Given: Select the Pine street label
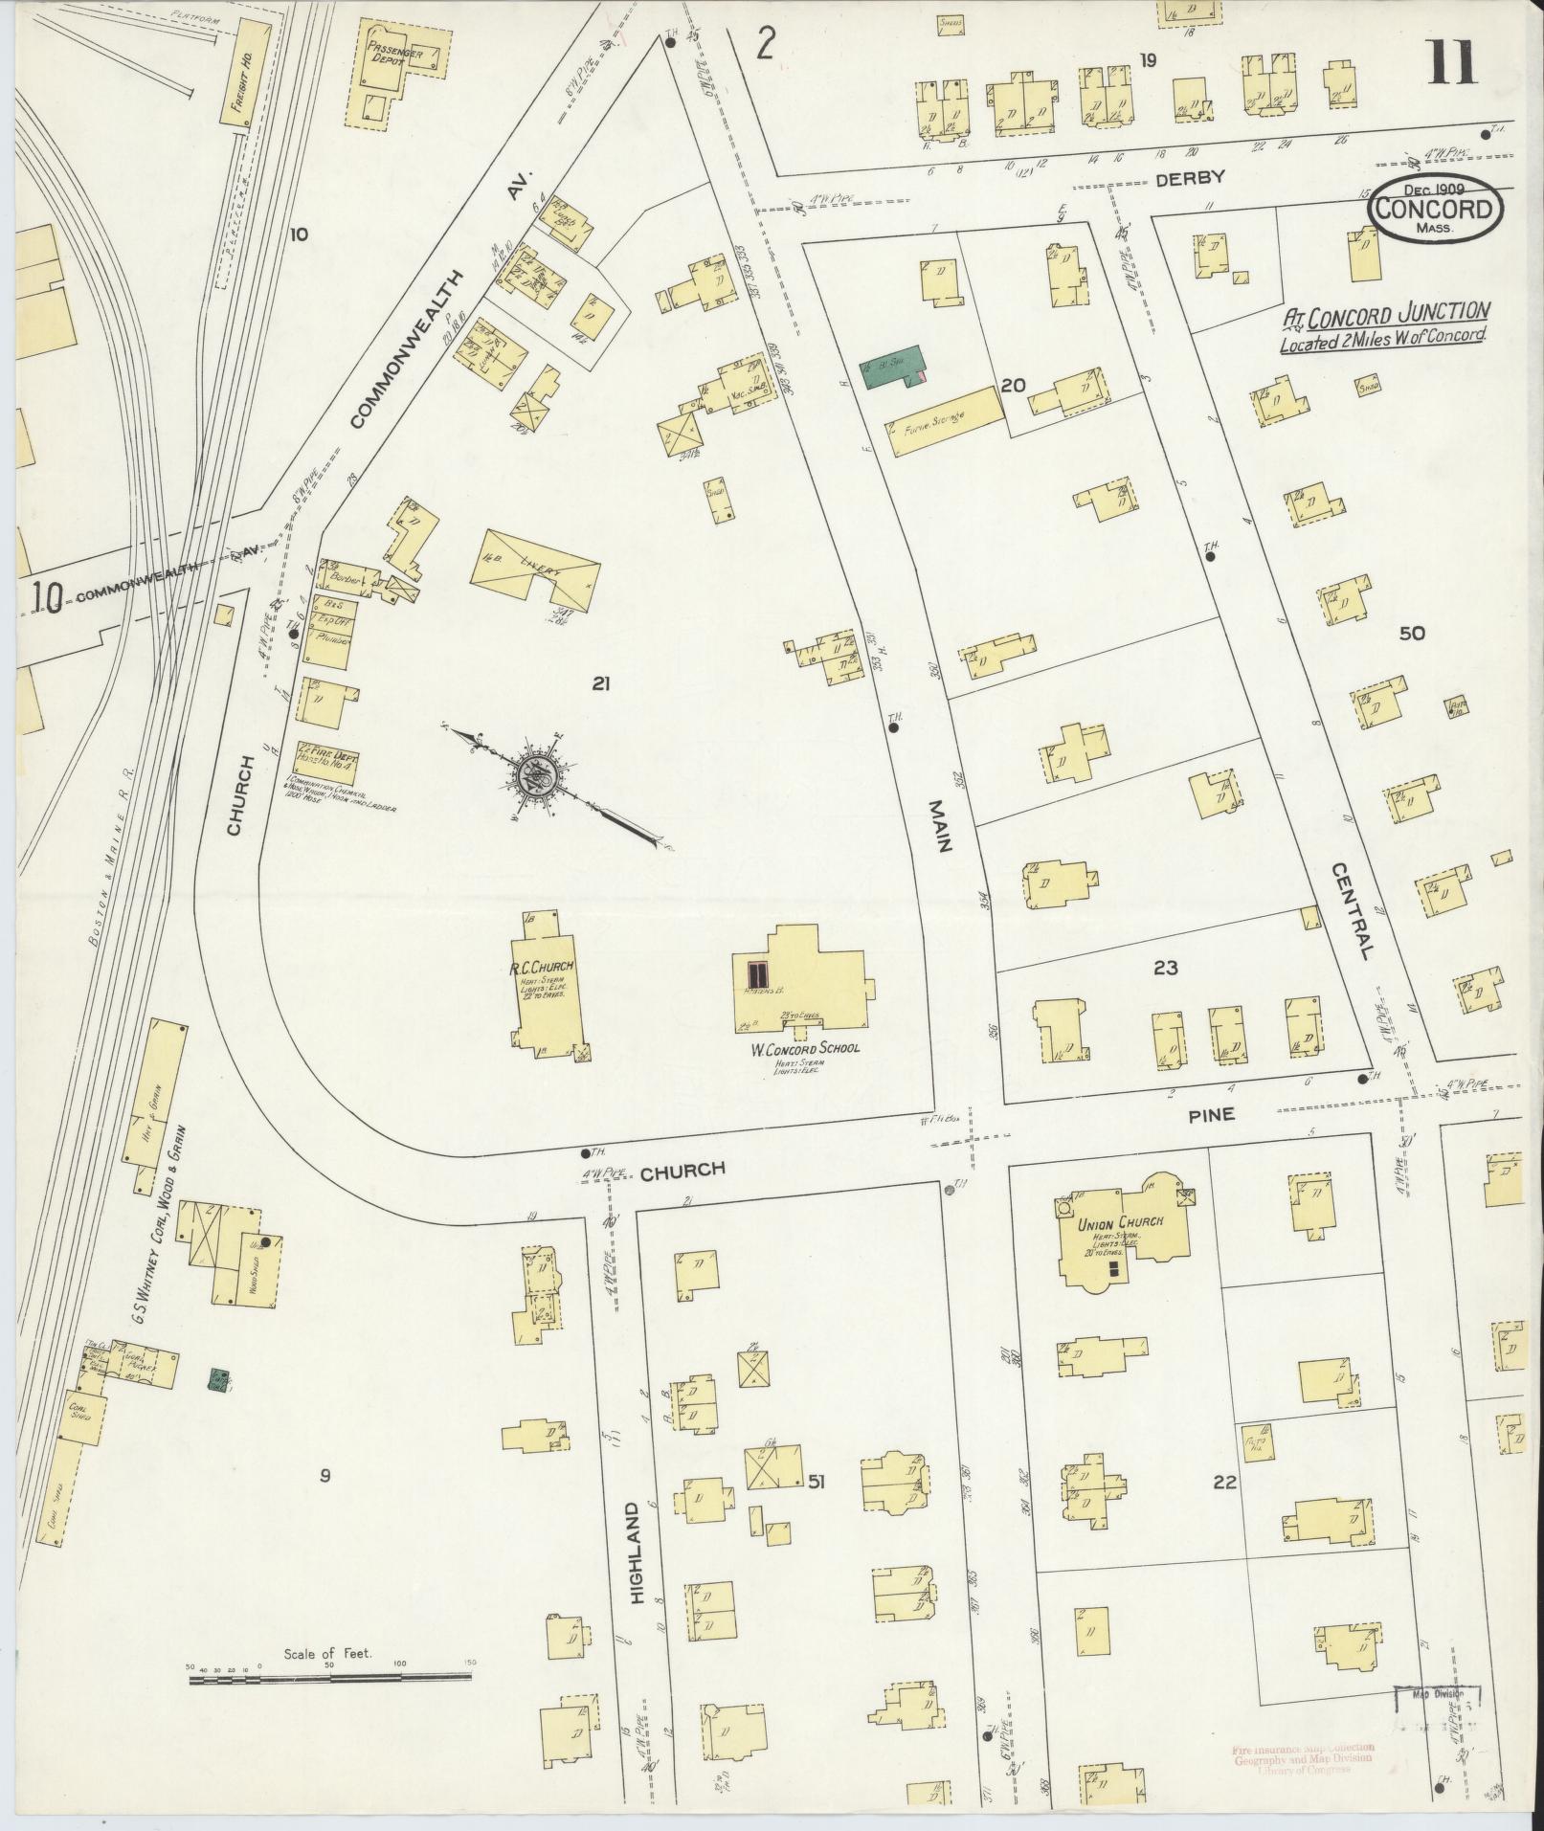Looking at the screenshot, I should [x=1213, y=1114].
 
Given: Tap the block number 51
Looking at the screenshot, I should [x=816, y=1483].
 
